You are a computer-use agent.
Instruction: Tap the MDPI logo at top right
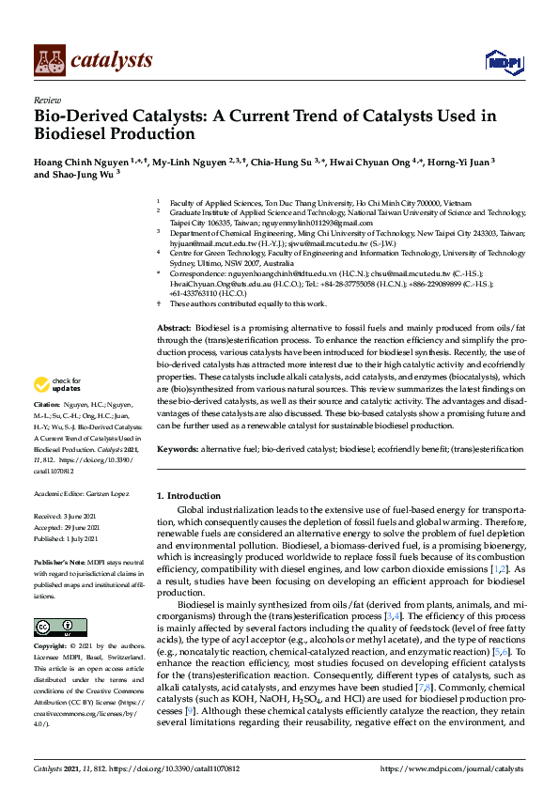coord(505,62)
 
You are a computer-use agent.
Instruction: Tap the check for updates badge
coord(57,385)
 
